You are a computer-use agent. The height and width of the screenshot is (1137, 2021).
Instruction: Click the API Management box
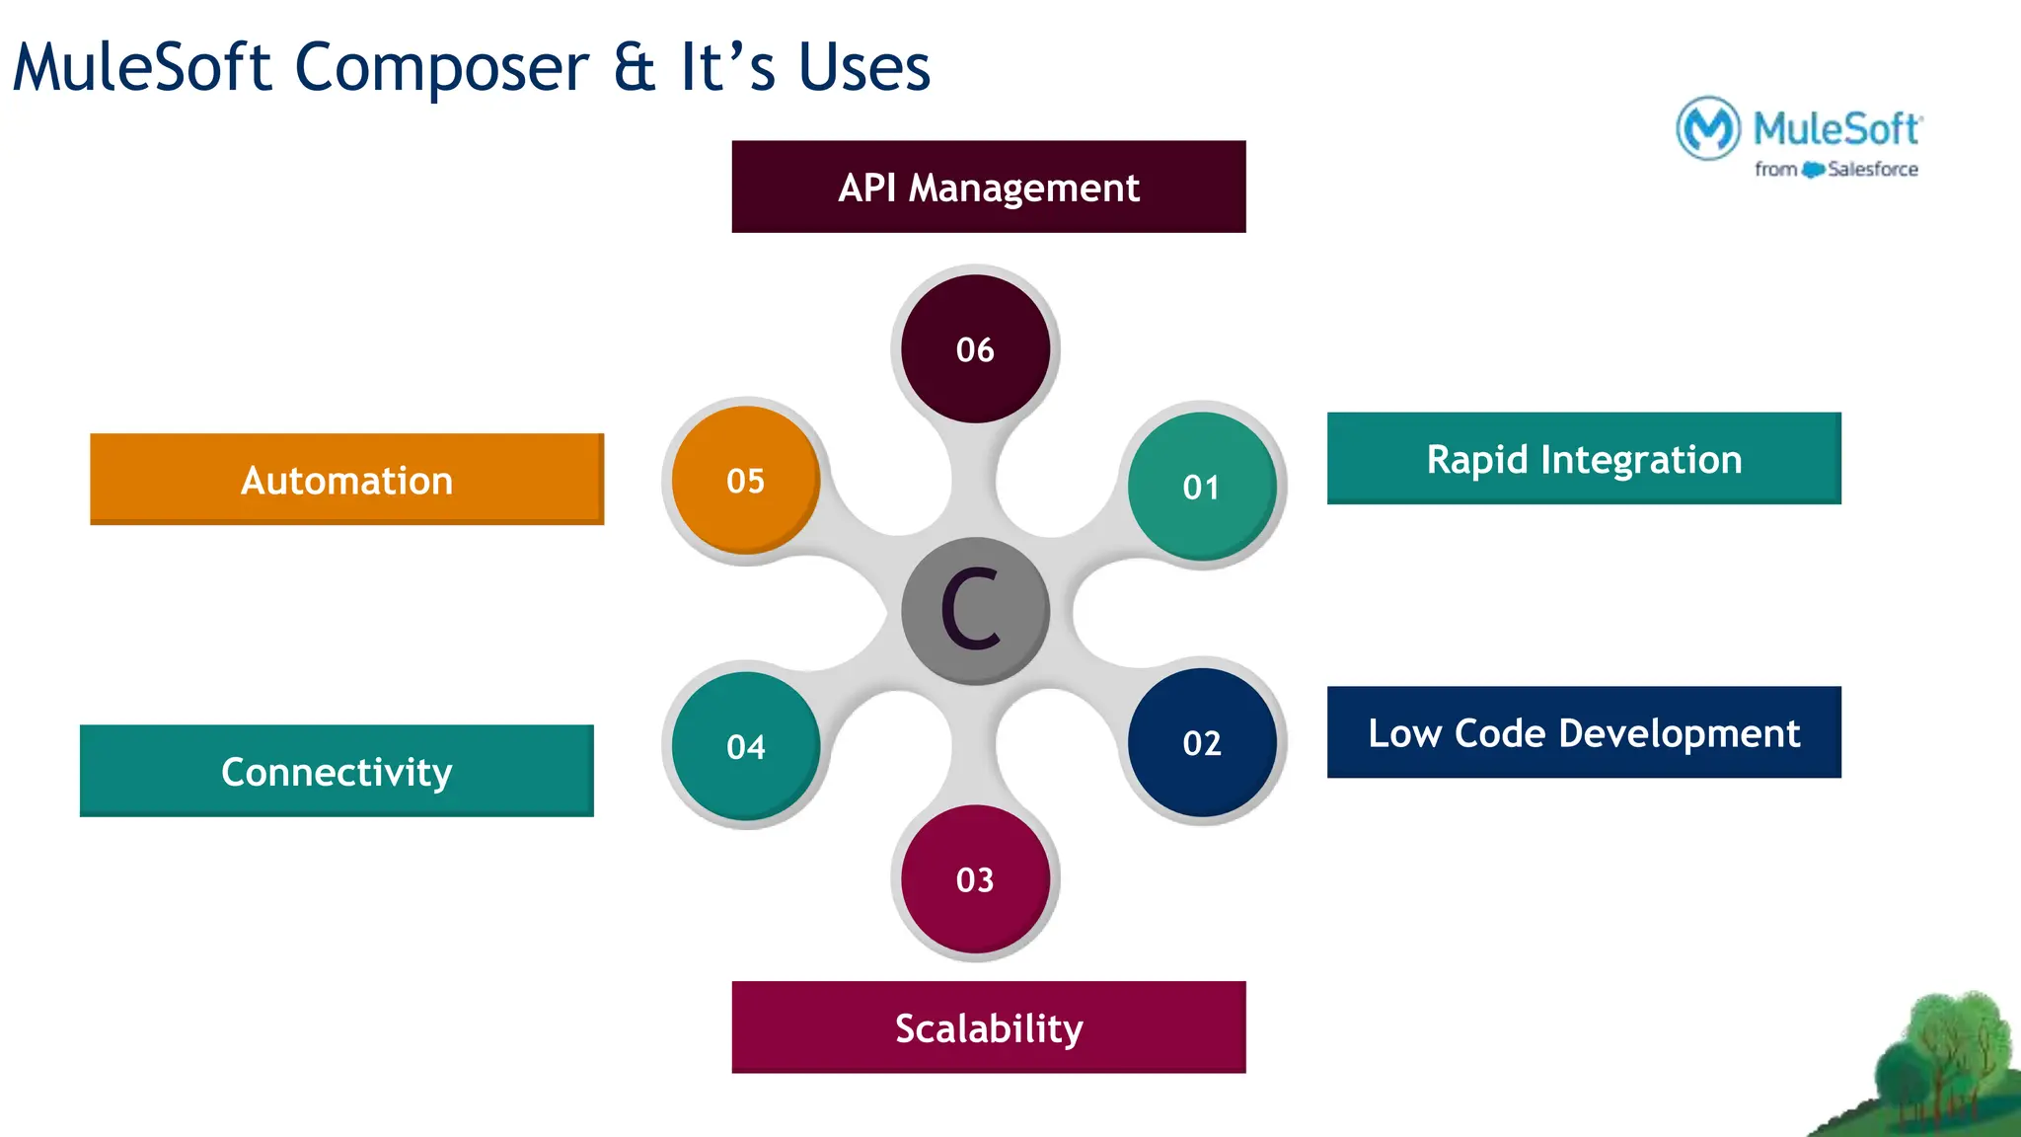coord(988,187)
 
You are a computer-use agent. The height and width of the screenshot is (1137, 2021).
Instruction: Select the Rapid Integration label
coord(1583,459)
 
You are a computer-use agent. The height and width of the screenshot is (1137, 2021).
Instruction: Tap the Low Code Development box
coord(1583,732)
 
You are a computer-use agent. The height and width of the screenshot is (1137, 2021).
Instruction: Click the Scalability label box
coord(988,1027)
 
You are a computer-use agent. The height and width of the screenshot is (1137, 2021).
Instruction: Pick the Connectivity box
coord(337,771)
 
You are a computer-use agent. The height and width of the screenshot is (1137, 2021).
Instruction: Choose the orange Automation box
coord(346,480)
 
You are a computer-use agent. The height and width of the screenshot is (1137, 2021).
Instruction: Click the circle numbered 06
coord(975,348)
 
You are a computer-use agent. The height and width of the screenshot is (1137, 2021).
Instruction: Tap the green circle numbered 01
coord(1201,487)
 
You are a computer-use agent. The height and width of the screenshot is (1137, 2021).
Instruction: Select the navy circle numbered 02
coord(1201,742)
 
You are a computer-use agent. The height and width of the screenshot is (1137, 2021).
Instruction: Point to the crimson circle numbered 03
coord(975,878)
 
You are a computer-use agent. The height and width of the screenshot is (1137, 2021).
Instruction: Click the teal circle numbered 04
coord(746,746)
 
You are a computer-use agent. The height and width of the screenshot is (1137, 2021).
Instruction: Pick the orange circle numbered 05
coord(746,480)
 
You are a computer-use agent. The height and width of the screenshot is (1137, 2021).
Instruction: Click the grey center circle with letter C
coord(974,610)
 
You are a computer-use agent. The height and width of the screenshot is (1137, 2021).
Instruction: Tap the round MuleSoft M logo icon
coord(1707,128)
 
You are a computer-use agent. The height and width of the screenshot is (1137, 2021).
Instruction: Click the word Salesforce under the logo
coord(1872,170)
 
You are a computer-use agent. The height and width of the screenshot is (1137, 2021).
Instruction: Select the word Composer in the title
coord(442,69)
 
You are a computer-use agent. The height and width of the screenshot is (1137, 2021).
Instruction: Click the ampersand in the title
coord(634,69)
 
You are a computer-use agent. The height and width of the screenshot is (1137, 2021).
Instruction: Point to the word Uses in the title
coord(863,69)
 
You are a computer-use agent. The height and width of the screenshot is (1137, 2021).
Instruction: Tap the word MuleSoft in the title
coord(142,69)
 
